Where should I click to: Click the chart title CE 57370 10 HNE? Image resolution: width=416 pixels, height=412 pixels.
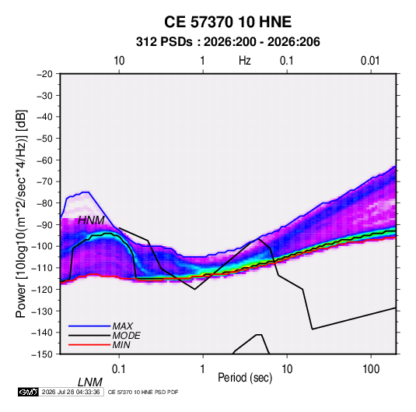point(228,22)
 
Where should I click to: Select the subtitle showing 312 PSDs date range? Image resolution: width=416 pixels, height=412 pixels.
point(228,42)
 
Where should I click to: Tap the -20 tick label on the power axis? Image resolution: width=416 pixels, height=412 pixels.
point(44,74)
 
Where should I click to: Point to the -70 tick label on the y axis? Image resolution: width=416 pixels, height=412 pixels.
point(44,181)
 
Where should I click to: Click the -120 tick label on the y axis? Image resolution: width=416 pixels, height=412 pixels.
point(43,289)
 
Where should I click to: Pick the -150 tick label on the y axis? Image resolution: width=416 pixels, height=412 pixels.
point(43,354)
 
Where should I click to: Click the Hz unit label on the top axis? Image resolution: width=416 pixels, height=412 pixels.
point(245,61)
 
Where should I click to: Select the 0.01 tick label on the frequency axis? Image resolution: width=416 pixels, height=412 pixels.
point(370,61)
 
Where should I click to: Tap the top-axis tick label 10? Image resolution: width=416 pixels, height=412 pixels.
point(119,61)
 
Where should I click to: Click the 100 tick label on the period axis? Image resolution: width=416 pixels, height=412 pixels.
point(371,369)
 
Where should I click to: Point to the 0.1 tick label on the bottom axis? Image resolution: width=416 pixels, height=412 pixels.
point(118,369)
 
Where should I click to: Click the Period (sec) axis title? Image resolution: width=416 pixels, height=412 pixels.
point(245,378)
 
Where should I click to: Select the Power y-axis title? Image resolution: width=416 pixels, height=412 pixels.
point(21,213)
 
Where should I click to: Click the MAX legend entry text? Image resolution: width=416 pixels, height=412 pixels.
point(123,326)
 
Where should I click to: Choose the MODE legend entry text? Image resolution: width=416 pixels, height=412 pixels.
point(126,336)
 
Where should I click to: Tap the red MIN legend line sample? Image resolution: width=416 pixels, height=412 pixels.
point(89,345)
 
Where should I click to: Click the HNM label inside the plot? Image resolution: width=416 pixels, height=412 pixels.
point(91,220)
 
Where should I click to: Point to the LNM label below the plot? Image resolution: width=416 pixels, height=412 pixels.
point(90,382)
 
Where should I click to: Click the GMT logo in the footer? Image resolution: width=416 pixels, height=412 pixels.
point(28,392)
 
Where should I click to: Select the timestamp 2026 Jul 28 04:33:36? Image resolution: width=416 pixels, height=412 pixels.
point(71,392)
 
